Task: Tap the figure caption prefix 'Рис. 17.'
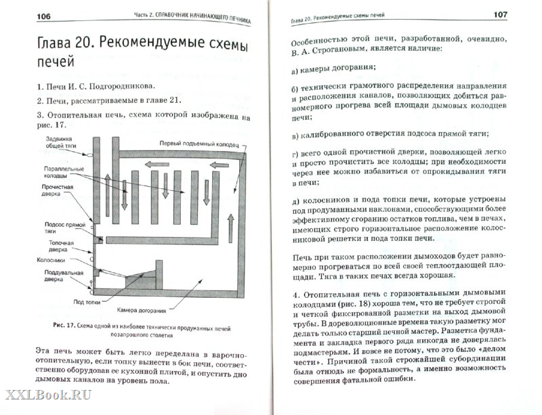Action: tap(63, 325)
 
